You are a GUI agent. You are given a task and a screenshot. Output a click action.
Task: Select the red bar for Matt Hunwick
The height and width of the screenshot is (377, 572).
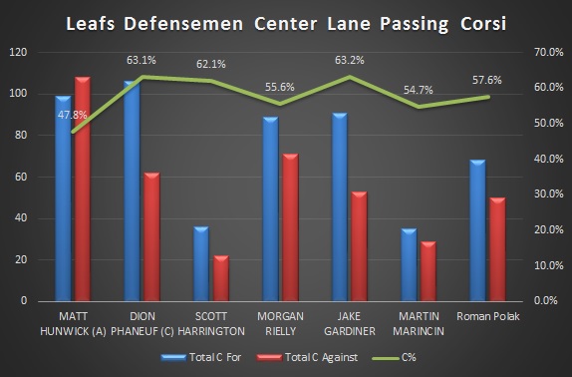82,188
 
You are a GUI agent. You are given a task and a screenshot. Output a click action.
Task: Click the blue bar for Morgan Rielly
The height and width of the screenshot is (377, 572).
270,208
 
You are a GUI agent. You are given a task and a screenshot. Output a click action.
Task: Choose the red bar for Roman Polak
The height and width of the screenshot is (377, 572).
497,248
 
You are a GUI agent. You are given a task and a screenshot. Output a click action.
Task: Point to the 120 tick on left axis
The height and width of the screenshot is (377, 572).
16,52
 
